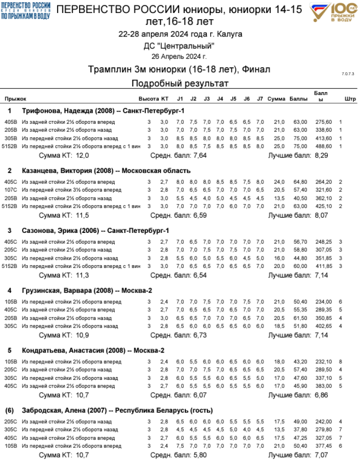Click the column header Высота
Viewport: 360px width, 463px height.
[x=148, y=99]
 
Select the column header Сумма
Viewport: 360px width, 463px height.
[x=276, y=99]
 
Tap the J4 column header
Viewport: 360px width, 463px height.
[x=220, y=99]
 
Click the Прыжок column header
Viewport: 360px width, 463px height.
[x=15, y=99]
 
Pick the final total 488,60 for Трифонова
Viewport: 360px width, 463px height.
[x=323, y=146]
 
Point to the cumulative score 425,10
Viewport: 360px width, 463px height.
[x=323, y=206]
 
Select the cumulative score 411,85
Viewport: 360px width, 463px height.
[x=323, y=266]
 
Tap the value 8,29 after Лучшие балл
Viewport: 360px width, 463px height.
[x=322, y=156]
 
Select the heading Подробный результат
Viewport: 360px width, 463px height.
[x=180, y=84]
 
